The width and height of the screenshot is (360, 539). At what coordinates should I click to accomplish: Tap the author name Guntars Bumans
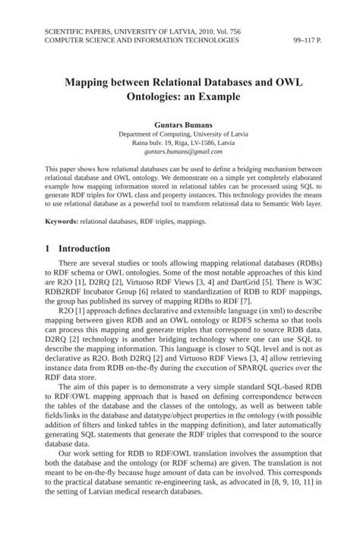pyautogui.click(x=180, y=121)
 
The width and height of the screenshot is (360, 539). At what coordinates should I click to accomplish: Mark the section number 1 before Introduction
pyautogui.click(x=48, y=248)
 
